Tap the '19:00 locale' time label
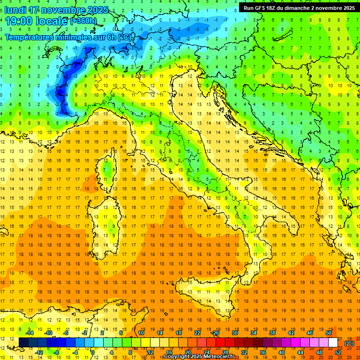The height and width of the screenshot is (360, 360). (x=37, y=21)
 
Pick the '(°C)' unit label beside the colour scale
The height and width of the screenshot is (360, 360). (x=349, y=343)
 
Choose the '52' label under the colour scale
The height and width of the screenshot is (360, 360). (x=338, y=352)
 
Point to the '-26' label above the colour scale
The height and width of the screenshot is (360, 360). (x=215, y=333)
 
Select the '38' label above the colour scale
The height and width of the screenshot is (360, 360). (x=272, y=333)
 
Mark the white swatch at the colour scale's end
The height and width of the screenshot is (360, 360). (x=333, y=343)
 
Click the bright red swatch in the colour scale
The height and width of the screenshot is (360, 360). (x=220, y=343)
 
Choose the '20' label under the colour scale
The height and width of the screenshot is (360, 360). (x=188, y=352)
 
